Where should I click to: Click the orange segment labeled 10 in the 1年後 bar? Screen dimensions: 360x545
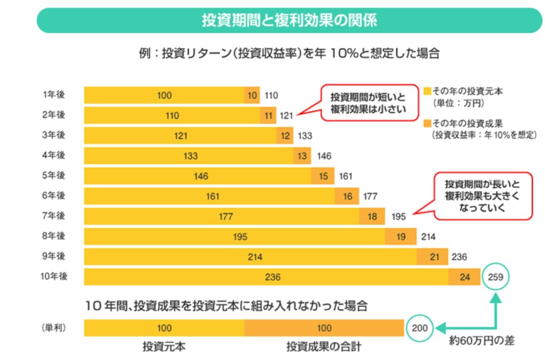(x=252, y=95)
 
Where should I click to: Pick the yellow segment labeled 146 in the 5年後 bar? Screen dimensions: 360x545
(x=201, y=176)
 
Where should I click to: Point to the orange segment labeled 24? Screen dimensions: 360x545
(x=464, y=277)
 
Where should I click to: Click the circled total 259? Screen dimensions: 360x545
(x=496, y=277)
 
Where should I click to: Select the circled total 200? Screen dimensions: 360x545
(x=421, y=327)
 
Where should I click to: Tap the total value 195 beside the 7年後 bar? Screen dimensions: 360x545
(x=398, y=217)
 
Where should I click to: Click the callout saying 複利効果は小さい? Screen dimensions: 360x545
(x=368, y=103)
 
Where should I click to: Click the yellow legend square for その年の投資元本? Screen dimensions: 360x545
(x=427, y=91)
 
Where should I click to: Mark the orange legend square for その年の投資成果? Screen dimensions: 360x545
(x=427, y=123)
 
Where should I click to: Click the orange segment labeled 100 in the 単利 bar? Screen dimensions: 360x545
(x=324, y=327)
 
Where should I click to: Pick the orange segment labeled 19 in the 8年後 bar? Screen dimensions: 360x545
(x=401, y=237)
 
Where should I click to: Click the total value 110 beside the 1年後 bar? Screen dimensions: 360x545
(x=271, y=95)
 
